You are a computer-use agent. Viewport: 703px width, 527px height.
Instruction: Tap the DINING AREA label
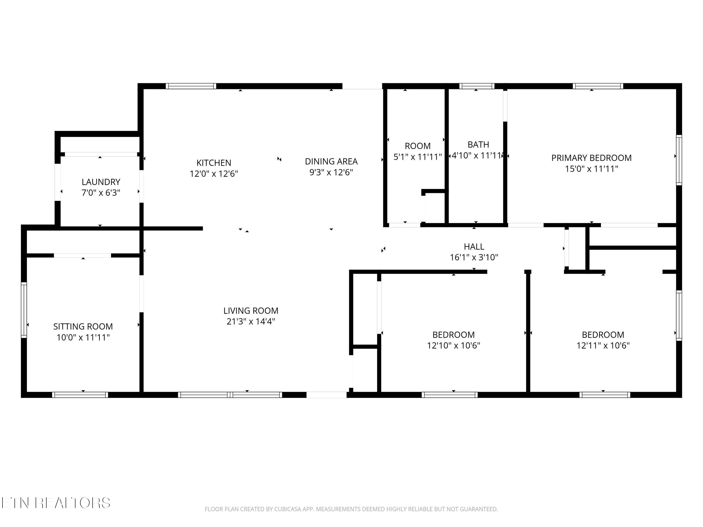click(x=331, y=161)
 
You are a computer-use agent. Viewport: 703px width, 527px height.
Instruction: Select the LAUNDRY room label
click(x=101, y=182)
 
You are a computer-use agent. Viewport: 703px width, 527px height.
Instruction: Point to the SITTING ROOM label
click(x=83, y=326)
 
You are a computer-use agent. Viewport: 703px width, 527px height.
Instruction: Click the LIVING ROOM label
click(x=251, y=310)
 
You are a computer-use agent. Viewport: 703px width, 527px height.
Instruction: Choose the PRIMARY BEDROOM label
click(x=591, y=158)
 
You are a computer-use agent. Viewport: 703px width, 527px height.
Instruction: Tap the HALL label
click(x=474, y=246)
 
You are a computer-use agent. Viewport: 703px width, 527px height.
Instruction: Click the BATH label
click(x=478, y=145)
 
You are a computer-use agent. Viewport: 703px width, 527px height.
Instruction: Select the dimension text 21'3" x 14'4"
click(x=251, y=322)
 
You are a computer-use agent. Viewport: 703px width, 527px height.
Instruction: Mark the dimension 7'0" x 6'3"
click(x=101, y=193)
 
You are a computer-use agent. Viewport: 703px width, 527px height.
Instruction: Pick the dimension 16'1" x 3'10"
click(x=474, y=257)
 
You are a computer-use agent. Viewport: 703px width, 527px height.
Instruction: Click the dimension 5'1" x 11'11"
click(x=418, y=157)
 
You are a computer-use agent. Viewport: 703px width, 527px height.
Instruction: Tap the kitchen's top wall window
click(x=191, y=86)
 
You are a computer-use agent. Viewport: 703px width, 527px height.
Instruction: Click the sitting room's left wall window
click(x=24, y=310)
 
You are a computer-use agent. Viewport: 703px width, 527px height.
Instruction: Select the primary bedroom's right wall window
click(x=679, y=160)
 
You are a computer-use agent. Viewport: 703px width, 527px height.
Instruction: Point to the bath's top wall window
click(x=477, y=86)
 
